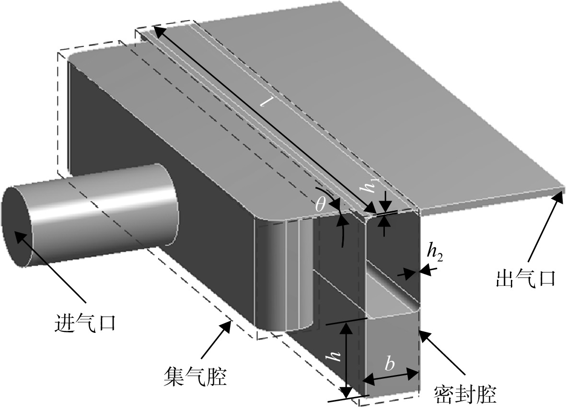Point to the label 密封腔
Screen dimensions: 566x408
click(x=465, y=394)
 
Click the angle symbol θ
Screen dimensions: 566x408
click(x=320, y=204)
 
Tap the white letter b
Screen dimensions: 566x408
click(x=389, y=364)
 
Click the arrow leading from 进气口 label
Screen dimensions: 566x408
click(x=49, y=265)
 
